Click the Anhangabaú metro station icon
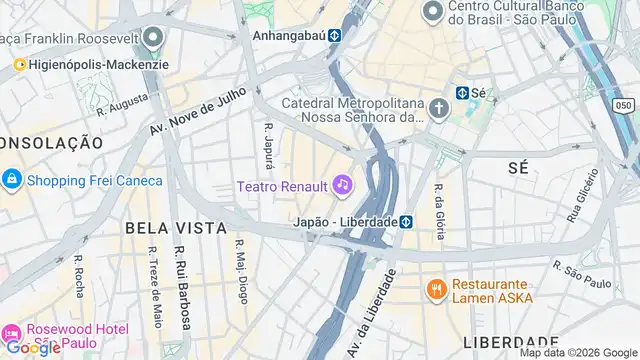tap(335, 34)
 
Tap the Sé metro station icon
tap(462, 93)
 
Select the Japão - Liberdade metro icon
tap(407, 221)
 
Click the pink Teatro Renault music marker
tap(343, 185)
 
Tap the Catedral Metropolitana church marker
tap(439, 108)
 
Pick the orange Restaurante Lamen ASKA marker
tap(436, 290)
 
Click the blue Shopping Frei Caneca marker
tap(11, 180)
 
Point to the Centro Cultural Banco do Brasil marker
tap(433, 12)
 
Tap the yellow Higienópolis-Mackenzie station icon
tap(19, 65)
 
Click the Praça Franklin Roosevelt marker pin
tap(153, 38)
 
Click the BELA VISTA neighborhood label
tap(176, 228)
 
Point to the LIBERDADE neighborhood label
tap(510, 342)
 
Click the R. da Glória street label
tap(438, 211)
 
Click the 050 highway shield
tap(625, 104)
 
